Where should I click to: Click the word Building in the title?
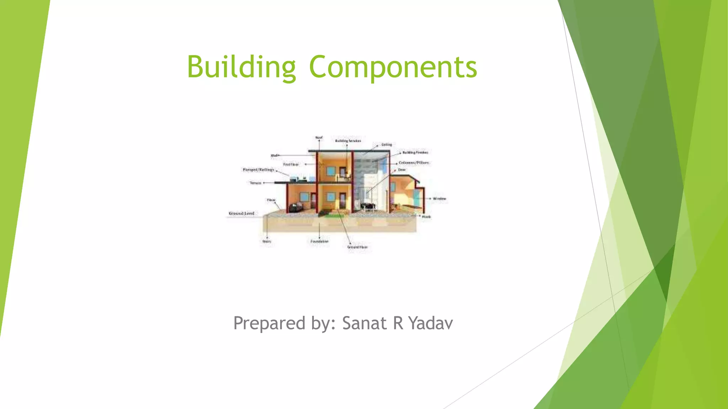[241, 67]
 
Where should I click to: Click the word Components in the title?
[393, 67]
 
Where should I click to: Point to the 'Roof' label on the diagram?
[319, 137]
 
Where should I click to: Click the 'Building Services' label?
[348, 141]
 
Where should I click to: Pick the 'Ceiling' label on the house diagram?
[386, 144]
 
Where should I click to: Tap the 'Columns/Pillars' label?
[414, 163]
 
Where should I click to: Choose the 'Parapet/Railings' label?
[258, 170]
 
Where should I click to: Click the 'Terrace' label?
[256, 183]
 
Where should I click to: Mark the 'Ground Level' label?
[241, 213]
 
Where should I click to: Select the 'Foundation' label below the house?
[319, 241]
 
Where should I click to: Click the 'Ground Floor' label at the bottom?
[357, 247]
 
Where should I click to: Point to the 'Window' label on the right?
[439, 198]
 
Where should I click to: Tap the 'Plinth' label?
[426, 217]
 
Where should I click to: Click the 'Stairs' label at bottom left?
[267, 241]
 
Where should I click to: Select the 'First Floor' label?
[291, 164]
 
